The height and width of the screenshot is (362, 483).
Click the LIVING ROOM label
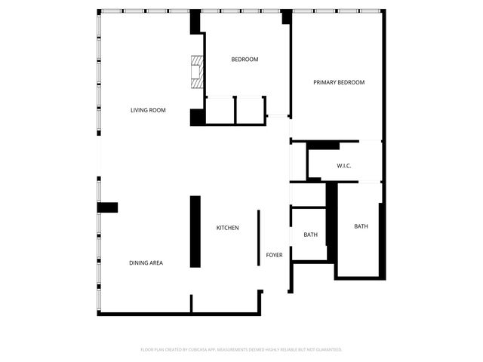[148, 110]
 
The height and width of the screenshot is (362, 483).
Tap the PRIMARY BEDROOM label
[339, 82]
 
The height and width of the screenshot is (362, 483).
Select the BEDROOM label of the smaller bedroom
[245, 60]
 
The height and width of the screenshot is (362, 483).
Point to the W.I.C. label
[343, 166]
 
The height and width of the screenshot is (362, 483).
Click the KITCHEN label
[228, 228]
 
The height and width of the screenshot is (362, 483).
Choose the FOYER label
[274, 255]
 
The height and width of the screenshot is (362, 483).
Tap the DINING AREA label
[146, 262]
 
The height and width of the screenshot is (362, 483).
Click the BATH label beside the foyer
[310, 235]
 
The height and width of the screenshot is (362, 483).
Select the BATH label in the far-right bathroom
[361, 226]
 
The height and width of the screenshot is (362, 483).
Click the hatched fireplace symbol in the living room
[197, 72]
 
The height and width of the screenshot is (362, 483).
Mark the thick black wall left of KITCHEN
[195, 231]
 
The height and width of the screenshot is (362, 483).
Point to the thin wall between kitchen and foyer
[258, 238]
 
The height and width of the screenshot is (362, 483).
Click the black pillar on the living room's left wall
[107, 207]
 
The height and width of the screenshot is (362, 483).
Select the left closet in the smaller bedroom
[220, 110]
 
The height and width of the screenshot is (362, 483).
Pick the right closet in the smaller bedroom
[250, 110]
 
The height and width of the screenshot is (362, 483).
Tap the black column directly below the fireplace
[197, 117]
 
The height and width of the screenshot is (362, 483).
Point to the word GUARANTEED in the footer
[325, 350]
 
